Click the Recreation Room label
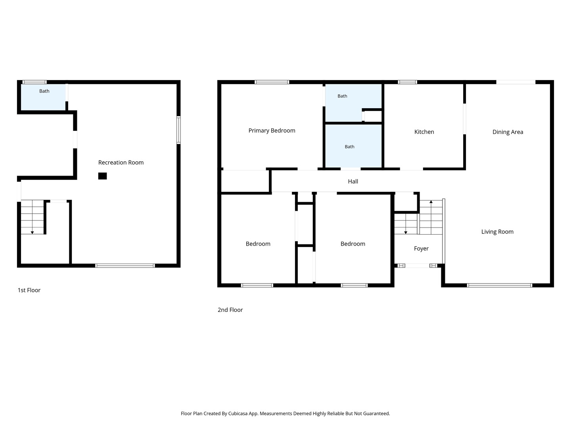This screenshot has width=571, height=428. click(121, 162)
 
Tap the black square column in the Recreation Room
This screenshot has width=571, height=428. click(102, 176)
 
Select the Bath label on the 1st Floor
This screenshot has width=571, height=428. click(44, 91)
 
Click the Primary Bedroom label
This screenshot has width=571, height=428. click(272, 130)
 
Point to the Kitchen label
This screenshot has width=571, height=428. click(424, 132)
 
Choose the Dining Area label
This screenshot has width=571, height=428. click(507, 132)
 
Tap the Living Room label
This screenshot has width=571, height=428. click(497, 231)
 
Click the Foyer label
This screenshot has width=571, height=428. click(421, 248)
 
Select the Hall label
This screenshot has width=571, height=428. click(353, 182)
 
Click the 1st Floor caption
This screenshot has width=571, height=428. click(29, 290)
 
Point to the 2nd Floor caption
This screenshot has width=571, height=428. click(230, 310)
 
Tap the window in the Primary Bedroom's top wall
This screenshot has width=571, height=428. click(272, 82)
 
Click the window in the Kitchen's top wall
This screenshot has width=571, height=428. click(407, 82)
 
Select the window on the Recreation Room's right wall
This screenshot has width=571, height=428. click(178, 130)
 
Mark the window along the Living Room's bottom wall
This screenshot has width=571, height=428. click(499, 285)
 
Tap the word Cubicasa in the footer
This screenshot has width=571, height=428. click(238, 413)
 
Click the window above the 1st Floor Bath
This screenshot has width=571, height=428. click(34, 82)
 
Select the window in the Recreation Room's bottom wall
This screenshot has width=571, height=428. click(125, 266)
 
